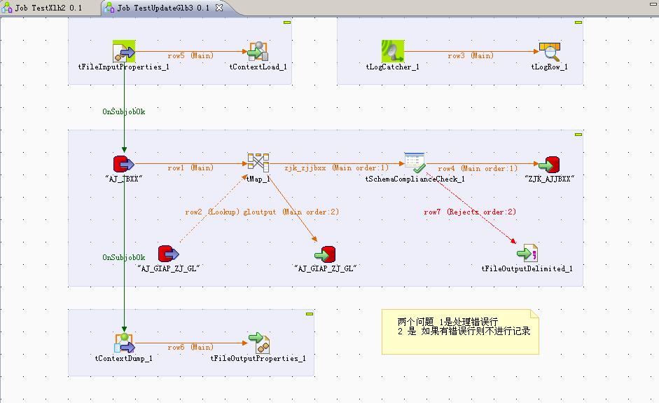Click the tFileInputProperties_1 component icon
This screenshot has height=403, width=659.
point(124,51)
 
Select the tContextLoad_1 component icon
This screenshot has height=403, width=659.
point(258,51)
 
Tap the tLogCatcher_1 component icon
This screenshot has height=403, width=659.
point(393,51)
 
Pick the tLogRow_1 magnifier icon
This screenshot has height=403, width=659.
point(550,51)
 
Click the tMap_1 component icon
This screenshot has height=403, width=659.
point(258,163)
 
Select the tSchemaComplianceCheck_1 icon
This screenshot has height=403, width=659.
point(415,163)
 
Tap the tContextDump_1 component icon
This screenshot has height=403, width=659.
point(124,343)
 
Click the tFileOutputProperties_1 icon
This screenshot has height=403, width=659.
point(258,343)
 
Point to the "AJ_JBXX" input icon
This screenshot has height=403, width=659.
point(123,165)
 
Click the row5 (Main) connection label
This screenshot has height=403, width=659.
point(190,55)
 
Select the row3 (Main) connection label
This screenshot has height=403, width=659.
point(471,55)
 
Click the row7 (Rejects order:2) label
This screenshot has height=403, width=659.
point(469,212)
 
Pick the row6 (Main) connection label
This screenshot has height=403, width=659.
point(190,347)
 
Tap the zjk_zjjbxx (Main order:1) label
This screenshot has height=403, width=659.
point(336,168)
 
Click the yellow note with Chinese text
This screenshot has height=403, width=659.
point(460,332)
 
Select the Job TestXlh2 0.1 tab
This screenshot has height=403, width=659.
point(48,8)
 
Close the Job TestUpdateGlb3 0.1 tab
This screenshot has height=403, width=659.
point(219,8)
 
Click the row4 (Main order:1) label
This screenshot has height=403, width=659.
point(478,168)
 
